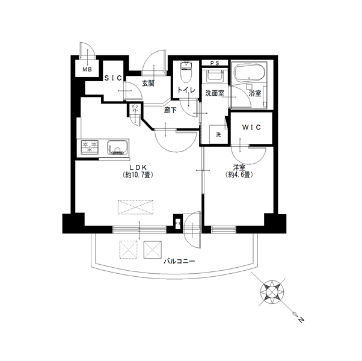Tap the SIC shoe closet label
click(x=114, y=78)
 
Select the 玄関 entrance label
click(x=149, y=84)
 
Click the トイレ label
click(x=186, y=91)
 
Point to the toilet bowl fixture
click(x=185, y=73)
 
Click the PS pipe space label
click(x=214, y=63)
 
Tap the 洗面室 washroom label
click(x=214, y=93)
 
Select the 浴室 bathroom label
click(x=254, y=93)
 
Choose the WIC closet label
click(x=251, y=128)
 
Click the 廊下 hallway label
click(x=170, y=110)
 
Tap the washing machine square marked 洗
click(x=218, y=135)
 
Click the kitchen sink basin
click(x=117, y=146)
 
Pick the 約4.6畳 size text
click(x=239, y=175)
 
